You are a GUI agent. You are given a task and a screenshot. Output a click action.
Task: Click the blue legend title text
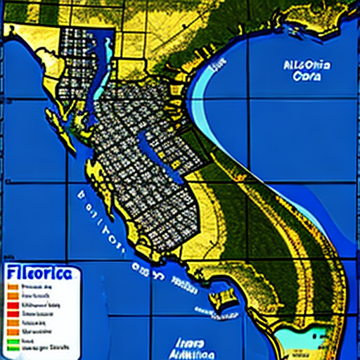(x=40, y=274)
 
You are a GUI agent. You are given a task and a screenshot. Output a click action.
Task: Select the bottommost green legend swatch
(x=13, y=347)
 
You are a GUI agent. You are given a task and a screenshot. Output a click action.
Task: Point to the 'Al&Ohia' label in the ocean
(x=307, y=66)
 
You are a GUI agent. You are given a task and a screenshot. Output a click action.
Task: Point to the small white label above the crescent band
(x=219, y=64)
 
